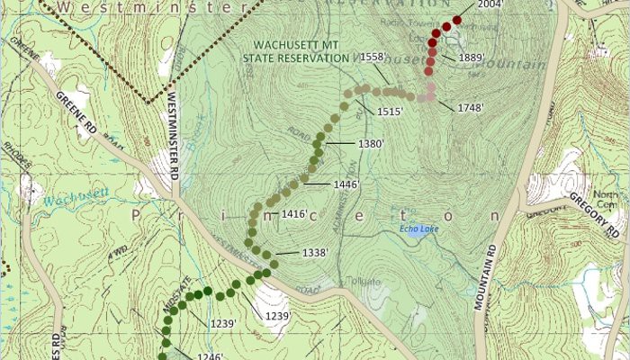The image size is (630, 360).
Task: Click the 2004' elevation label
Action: pyautogui.click(x=490, y=4)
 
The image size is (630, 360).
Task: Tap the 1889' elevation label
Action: pyautogui.click(x=472, y=58)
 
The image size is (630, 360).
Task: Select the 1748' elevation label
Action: pyautogui.click(x=471, y=108)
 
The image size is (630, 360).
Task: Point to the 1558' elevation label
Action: pyautogui.click(x=373, y=57)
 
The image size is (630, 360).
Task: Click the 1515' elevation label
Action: pyautogui.click(x=390, y=111)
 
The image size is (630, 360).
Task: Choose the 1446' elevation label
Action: pyautogui.click(x=346, y=184)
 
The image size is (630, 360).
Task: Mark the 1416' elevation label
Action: pyautogui.click(x=295, y=214)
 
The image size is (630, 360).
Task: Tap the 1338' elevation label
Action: pyautogui.click(x=315, y=253)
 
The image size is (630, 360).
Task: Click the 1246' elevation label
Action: pyautogui.click(x=210, y=355)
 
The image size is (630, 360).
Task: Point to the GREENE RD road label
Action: pyautogui.click(x=76, y=113)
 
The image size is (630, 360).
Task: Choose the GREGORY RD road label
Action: pyautogui.click(x=594, y=215)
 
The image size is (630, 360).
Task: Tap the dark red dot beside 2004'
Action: pyautogui.click(x=457, y=20)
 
